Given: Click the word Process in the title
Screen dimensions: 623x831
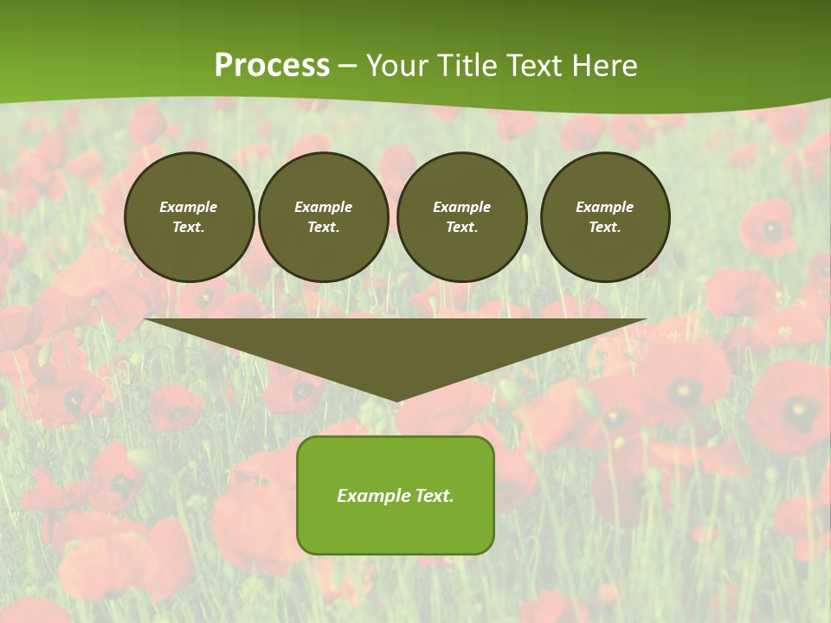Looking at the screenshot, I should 272,66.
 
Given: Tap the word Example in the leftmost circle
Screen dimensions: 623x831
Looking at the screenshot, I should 189,207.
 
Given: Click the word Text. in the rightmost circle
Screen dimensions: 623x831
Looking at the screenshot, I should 605,227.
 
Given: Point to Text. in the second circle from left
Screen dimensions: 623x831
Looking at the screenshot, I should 324,227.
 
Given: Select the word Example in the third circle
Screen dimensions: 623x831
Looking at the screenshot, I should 462,207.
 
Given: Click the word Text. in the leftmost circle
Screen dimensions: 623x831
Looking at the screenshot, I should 189,227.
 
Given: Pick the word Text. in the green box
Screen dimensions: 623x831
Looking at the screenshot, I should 434,496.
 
